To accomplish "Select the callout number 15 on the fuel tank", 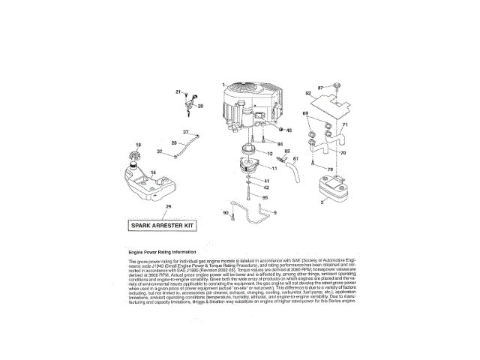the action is tap(152, 173).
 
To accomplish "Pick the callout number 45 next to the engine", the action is tap(289, 130).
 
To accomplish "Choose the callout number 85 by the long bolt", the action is tap(265, 197).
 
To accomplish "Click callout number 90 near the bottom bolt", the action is tap(226, 214).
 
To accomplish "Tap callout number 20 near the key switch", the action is tap(200, 106).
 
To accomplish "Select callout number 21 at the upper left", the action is tap(179, 91).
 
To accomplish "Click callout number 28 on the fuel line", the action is tap(174, 142).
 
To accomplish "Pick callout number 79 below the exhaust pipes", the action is tap(328, 170).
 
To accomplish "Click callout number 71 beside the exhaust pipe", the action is tap(345, 124).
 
